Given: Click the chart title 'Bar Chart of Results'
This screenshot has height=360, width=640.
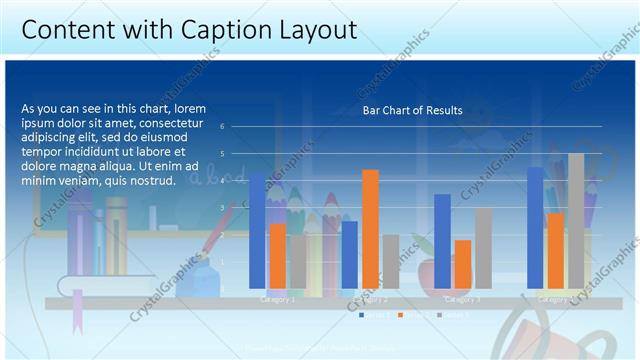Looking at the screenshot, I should (x=412, y=110).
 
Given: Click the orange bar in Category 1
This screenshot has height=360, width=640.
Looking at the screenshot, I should (x=277, y=256).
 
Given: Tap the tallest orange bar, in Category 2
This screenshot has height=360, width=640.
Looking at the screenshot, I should (x=370, y=229).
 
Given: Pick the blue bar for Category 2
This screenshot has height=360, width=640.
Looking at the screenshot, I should (x=349, y=255).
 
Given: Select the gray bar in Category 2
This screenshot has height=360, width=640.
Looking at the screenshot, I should (x=390, y=261).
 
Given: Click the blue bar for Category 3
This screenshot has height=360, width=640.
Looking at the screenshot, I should (x=442, y=241).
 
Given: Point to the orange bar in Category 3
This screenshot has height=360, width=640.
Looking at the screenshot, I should (x=462, y=264).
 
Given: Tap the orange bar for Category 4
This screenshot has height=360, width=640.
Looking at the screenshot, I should (x=555, y=251).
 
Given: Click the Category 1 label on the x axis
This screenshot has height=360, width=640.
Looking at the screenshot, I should (x=277, y=299).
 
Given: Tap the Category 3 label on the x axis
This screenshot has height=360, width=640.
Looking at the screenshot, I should (x=462, y=299).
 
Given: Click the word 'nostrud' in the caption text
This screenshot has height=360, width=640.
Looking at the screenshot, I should (x=152, y=181).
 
